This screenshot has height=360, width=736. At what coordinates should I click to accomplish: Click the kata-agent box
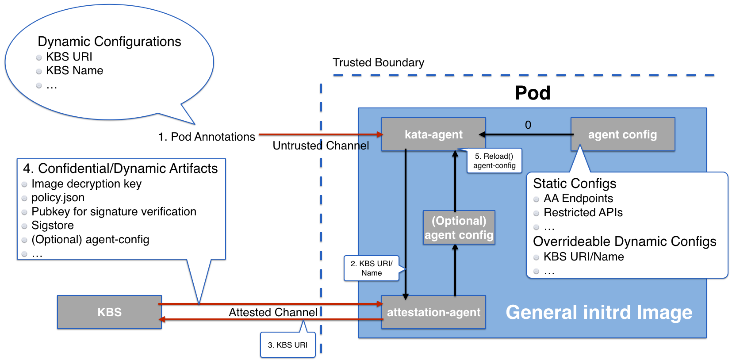pos(433,134)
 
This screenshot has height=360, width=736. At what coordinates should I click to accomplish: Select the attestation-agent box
pos(433,312)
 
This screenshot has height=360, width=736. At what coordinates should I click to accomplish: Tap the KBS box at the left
pos(109,312)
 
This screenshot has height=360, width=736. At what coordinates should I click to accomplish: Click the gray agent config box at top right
pos(622,134)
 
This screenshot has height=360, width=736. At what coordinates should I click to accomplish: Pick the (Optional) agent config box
pos(459,228)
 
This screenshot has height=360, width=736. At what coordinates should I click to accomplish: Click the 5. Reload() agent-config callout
pos(494,161)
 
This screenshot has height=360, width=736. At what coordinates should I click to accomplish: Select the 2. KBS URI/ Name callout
pos(371,268)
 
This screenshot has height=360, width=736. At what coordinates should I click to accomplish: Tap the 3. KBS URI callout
pos(287,345)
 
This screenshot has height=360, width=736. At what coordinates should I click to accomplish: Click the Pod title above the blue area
pos(533,93)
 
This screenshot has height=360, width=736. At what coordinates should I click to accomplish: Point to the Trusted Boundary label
pos(378,63)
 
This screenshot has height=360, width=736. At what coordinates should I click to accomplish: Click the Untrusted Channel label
pos(321,146)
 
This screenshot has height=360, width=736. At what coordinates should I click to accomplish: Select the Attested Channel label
pos(273,312)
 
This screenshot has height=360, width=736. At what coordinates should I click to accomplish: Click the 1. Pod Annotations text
pos(207,137)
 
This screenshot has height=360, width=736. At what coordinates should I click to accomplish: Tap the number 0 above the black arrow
pos(528,125)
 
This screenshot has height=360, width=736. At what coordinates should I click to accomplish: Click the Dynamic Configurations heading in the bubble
pos(109,42)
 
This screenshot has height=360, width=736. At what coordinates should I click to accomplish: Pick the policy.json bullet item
pos(58,198)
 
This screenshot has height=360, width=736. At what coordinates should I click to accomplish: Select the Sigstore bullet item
pos(53,226)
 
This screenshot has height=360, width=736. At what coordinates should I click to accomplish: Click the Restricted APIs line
pos(583,213)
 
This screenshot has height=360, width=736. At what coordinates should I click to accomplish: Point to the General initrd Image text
pos(599,312)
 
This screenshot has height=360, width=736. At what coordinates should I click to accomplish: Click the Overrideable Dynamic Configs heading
pos(625,241)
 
